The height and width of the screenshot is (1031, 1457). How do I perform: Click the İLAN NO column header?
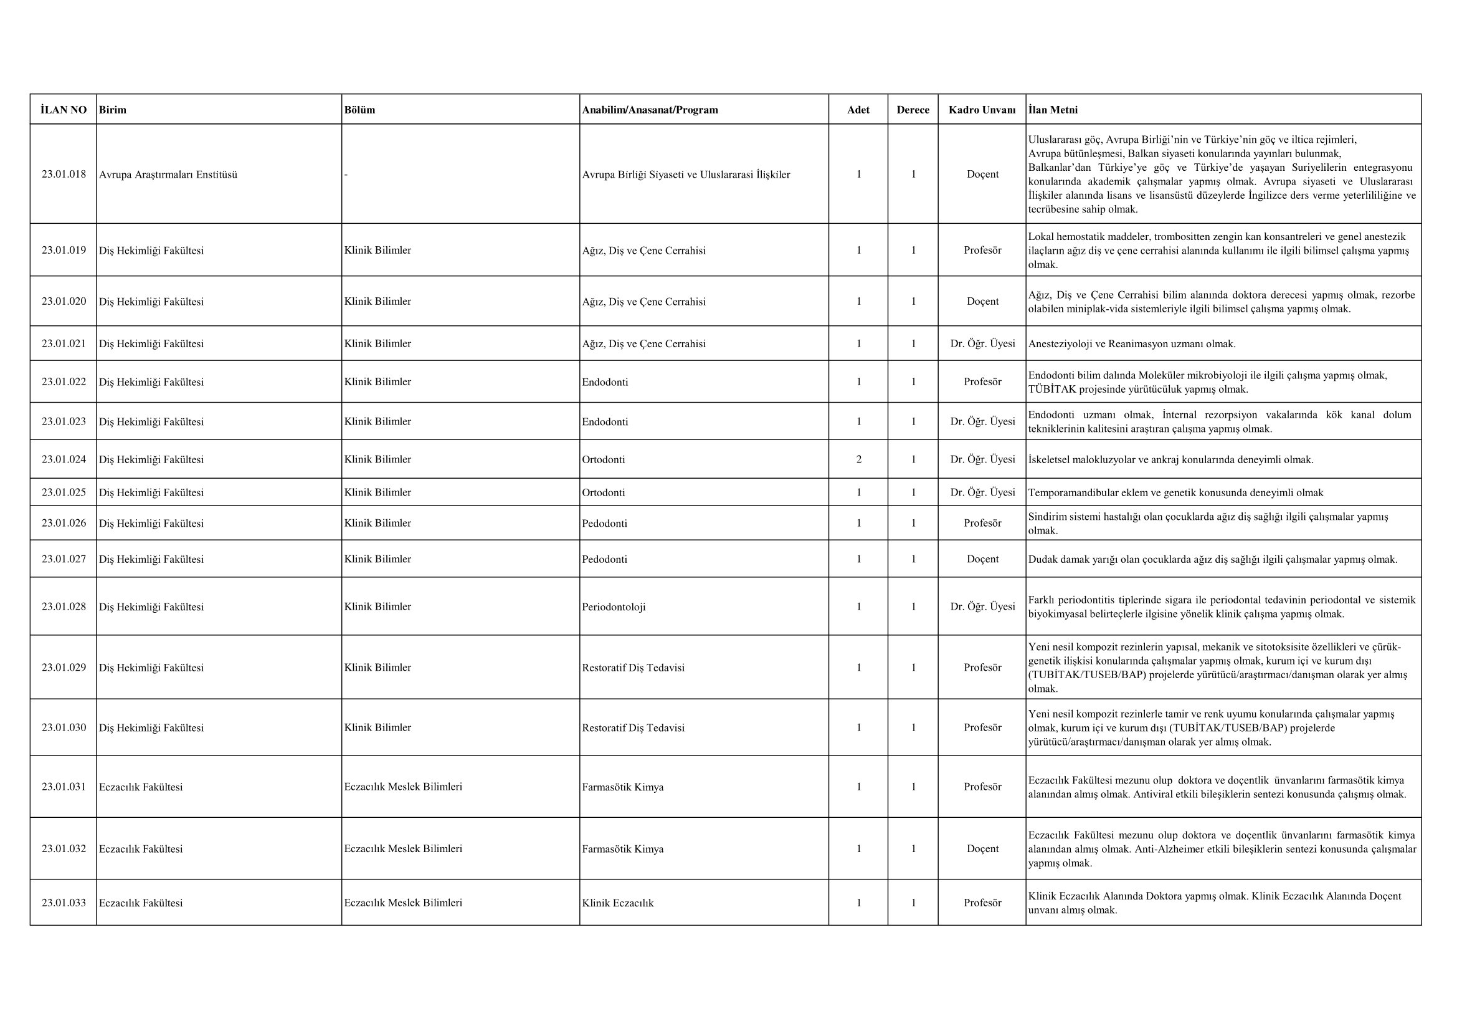click(64, 110)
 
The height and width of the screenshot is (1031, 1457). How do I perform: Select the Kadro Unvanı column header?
click(982, 110)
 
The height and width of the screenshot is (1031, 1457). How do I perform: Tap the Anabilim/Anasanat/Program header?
click(650, 110)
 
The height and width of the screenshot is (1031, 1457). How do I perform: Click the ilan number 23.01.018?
click(64, 174)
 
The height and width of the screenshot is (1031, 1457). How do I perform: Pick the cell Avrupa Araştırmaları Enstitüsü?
click(168, 175)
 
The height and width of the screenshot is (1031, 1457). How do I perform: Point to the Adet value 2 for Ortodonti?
click(858, 459)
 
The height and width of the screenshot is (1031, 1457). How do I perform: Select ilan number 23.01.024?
click(64, 459)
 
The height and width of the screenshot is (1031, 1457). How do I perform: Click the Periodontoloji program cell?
click(614, 607)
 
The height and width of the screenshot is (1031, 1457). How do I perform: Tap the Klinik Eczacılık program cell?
click(617, 903)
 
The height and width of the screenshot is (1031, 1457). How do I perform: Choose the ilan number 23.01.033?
click(64, 903)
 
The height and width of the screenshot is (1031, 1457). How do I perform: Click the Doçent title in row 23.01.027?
click(982, 559)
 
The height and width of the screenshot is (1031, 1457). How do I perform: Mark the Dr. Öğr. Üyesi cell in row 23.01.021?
click(982, 343)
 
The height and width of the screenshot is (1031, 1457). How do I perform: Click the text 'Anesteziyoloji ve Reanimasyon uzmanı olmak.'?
click(1131, 344)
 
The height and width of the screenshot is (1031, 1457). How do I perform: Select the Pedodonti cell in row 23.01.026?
click(604, 523)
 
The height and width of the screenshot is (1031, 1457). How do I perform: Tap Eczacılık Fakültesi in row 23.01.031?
click(141, 787)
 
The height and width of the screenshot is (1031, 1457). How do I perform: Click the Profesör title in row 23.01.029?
click(982, 667)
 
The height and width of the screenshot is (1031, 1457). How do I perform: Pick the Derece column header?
click(913, 110)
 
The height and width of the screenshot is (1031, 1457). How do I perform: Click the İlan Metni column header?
click(1053, 110)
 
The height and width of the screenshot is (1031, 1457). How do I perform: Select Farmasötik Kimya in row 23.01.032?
click(622, 849)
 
